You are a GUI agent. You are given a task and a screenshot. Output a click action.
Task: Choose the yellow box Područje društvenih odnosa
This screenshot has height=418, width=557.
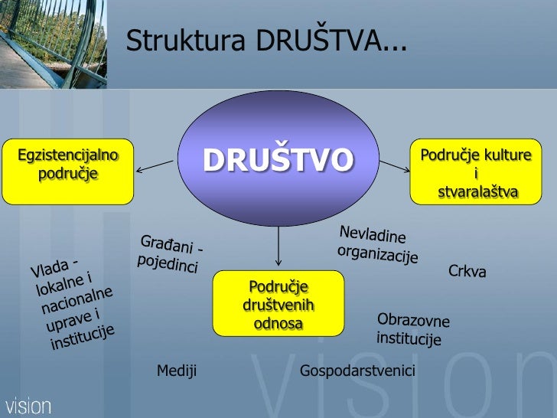tap(278, 305)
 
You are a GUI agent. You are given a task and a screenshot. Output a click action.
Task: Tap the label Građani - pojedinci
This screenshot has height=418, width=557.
tap(170, 254)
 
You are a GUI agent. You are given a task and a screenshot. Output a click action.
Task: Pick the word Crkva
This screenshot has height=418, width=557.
tap(467, 271)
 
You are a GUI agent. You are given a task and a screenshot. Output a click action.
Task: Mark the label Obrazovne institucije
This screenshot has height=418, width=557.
tap(412, 329)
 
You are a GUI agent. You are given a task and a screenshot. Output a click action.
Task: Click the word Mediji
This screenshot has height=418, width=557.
tap(177, 371)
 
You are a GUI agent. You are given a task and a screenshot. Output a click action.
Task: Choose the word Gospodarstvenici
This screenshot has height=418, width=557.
tap(357, 371)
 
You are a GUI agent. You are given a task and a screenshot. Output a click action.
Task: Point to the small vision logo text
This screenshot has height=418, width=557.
tap(28, 405)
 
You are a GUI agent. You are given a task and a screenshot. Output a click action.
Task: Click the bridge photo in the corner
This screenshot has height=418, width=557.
tap(54, 42)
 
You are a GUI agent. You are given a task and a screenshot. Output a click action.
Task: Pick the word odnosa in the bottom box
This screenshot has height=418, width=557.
tap(278, 324)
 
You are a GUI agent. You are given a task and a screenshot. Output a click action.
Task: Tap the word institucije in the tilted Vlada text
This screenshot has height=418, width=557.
tap(82, 335)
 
